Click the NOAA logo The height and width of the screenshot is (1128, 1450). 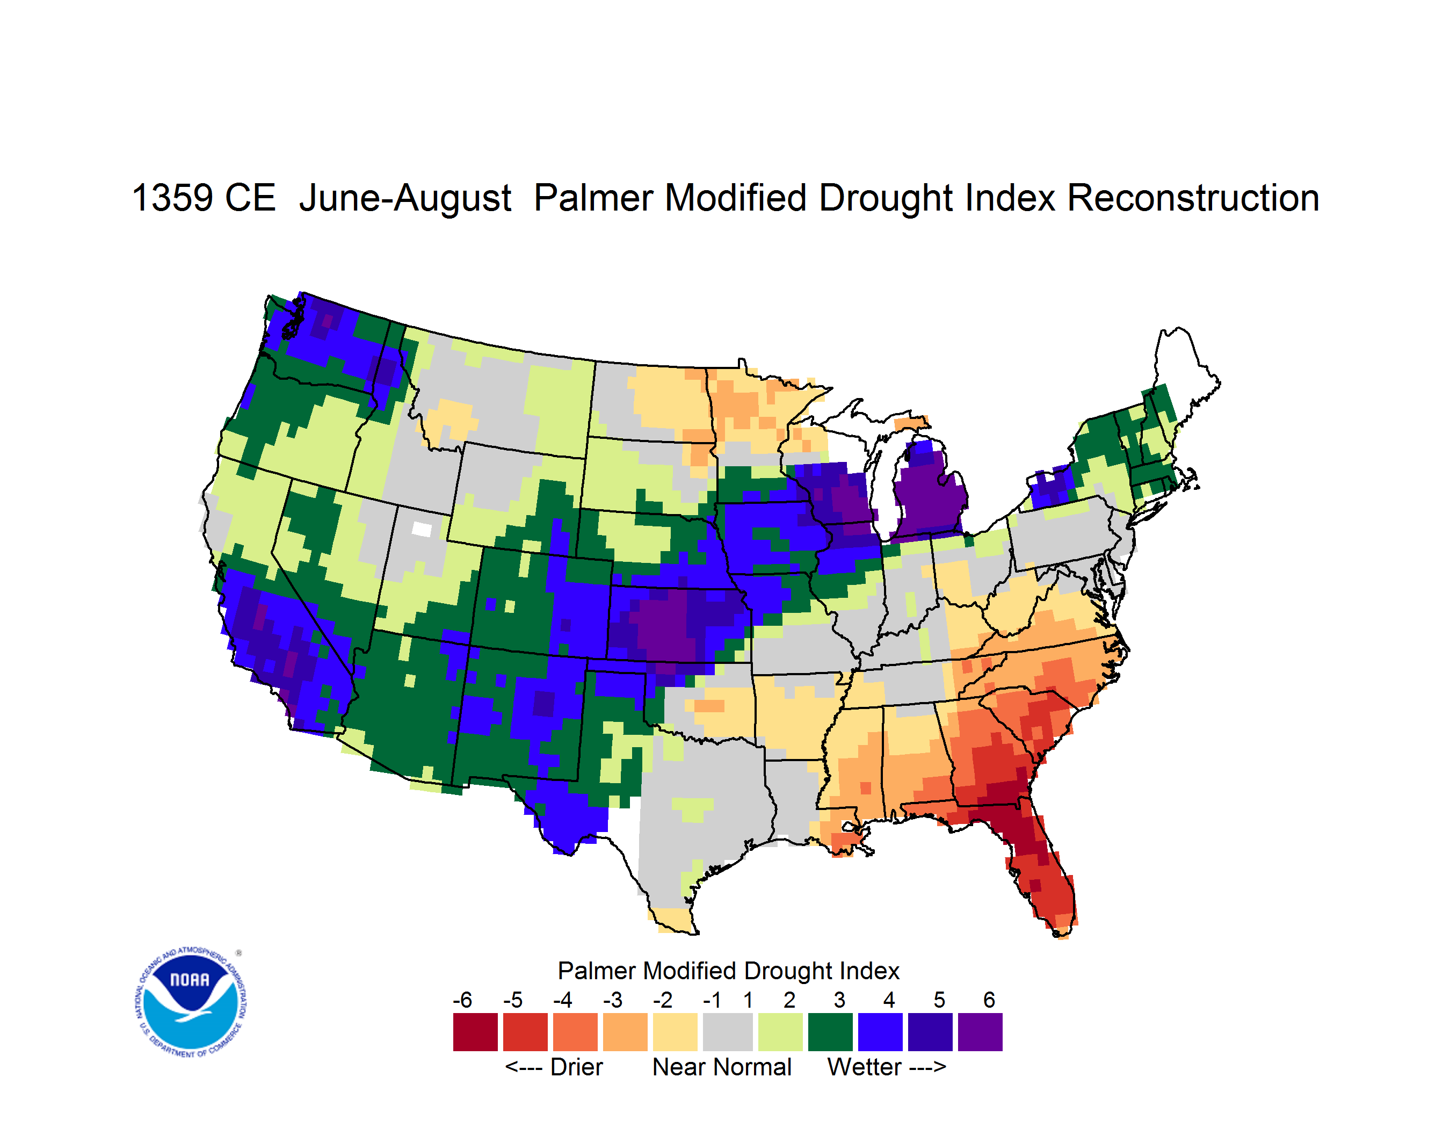pyautogui.click(x=191, y=1002)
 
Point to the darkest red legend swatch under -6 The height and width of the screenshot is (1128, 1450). pyautogui.click(x=475, y=1032)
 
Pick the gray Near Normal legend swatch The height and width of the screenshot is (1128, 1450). pyautogui.click(x=728, y=1032)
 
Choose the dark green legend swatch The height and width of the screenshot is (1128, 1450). pyautogui.click(x=830, y=1032)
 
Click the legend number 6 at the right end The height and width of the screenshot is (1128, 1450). pyautogui.click(x=989, y=1000)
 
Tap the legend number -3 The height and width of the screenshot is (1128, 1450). pyautogui.click(x=612, y=1000)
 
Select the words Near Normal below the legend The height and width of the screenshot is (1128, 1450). pyautogui.click(x=722, y=1067)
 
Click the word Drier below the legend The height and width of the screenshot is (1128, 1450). pyautogui.click(x=576, y=1067)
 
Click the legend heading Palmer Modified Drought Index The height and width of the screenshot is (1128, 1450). pyautogui.click(x=728, y=971)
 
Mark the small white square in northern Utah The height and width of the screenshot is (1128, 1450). pyautogui.click(x=422, y=529)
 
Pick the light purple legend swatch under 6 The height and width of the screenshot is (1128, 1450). pyautogui.click(x=980, y=1032)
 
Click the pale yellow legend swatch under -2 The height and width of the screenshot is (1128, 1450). pyautogui.click(x=675, y=1032)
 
